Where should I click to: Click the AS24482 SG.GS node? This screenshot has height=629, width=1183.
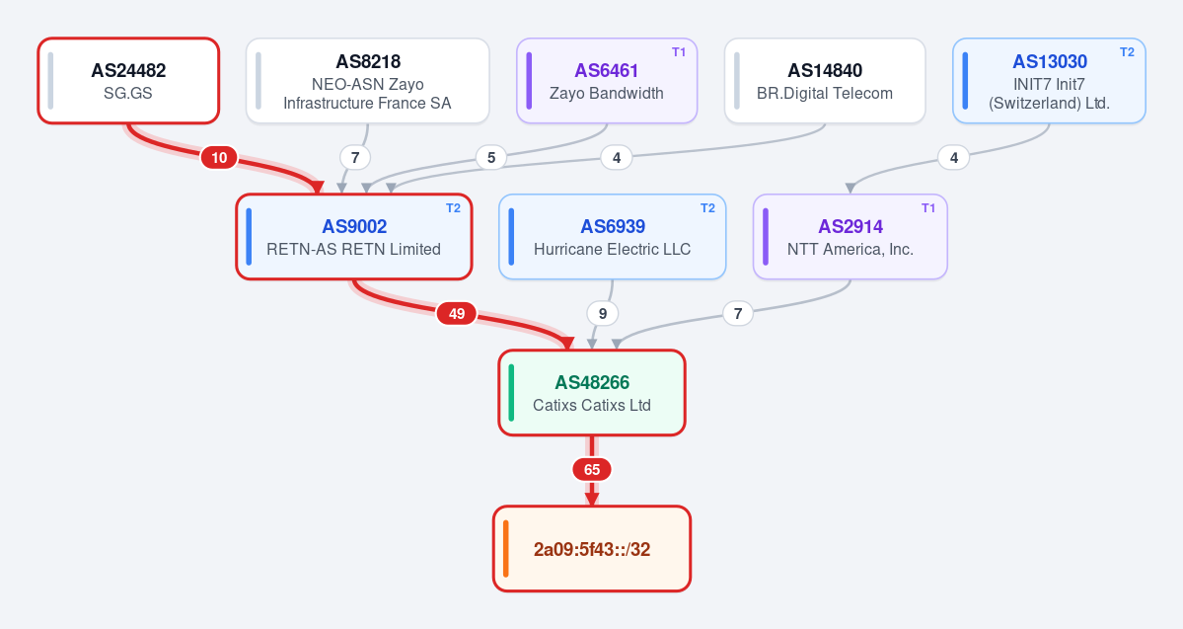(128, 81)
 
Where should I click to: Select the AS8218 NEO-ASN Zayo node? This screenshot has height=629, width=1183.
(367, 81)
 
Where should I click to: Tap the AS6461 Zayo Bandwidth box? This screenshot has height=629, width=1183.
(607, 81)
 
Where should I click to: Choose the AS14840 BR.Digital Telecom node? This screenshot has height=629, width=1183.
(825, 81)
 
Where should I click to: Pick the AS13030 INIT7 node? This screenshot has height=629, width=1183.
(1049, 81)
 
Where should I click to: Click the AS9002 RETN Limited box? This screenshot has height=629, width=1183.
(354, 237)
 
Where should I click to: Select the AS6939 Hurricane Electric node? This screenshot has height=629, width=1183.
(612, 237)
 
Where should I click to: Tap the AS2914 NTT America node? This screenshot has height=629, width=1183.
(850, 237)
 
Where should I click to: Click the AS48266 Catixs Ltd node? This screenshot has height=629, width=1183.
(592, 393)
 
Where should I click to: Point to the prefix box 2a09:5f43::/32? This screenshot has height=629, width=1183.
(592, 549)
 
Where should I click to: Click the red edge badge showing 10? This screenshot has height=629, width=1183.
(219, 158)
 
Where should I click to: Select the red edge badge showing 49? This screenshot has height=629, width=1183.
(457, 313)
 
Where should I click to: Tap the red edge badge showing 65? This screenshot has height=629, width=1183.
(592, 470)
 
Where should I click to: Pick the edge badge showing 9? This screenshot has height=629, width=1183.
(602, 313)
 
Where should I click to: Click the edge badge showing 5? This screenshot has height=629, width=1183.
(491, 158)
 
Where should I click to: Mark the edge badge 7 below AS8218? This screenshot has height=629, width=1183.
(354, 158)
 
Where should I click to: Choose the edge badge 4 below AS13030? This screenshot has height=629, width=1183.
(954, 158)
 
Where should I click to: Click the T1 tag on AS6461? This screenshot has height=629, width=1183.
(679, 52)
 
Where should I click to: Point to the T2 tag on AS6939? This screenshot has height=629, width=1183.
(707, 208)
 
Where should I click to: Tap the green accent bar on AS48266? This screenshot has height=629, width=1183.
(511, 393)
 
